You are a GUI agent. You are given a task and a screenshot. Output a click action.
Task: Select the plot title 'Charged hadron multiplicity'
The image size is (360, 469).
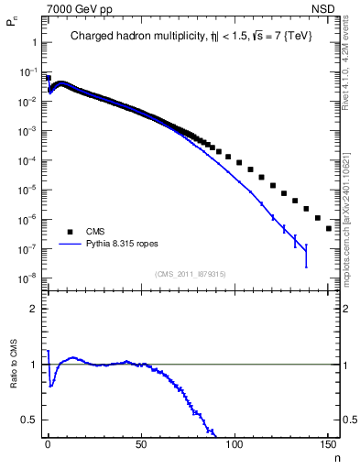(137, 37)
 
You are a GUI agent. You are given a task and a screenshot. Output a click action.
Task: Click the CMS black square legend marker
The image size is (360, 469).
(65, 232)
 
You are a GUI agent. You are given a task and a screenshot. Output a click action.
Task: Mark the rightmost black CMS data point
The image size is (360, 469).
(328, 228)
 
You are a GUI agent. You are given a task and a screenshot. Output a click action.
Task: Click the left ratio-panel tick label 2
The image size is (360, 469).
(32, 309)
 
